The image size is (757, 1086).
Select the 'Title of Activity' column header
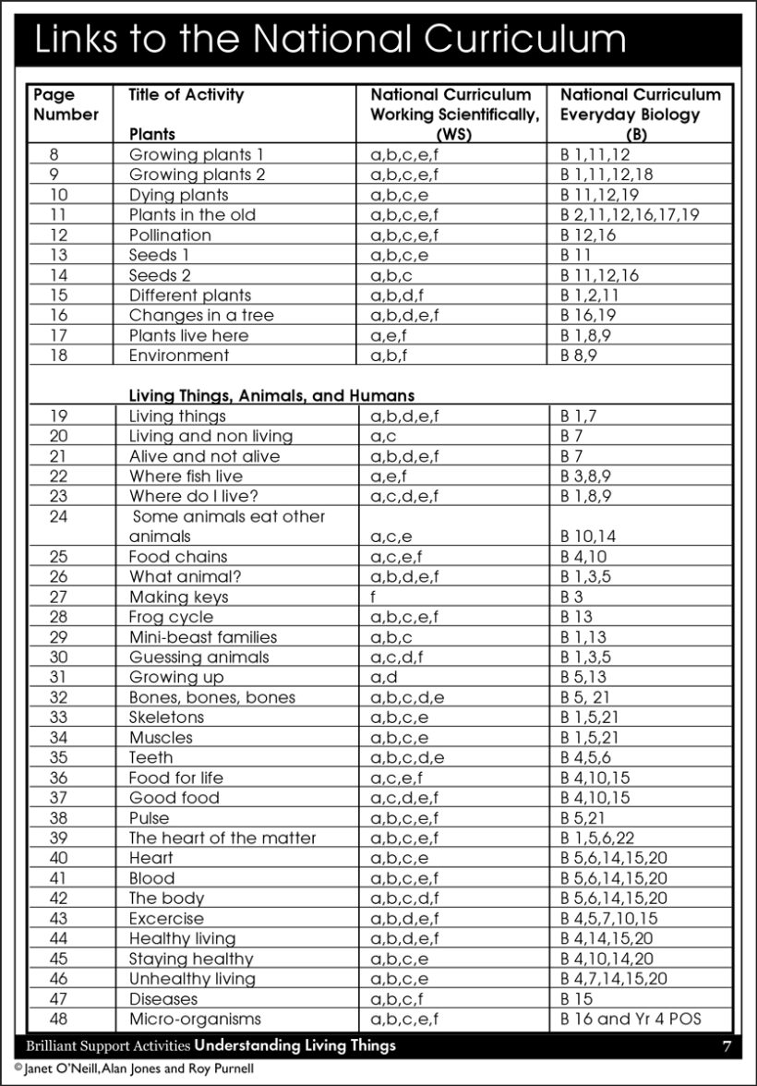coord(186,94)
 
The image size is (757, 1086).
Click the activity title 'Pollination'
coord(170,235)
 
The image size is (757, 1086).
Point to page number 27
coord(58,597)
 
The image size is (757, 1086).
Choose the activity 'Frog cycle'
coord(171,617)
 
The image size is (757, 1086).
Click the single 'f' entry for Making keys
coord(373,597)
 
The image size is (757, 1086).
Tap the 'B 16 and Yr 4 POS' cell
coord(631,1019)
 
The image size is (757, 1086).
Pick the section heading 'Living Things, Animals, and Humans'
coord(271,396)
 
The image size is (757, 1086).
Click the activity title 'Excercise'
coord(166,918)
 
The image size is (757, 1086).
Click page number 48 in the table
coord(58,1019)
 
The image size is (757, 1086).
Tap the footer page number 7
coord(727,1045)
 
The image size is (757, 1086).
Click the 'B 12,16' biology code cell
coord(587,235)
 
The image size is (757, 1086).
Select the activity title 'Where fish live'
coord(186,476)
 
